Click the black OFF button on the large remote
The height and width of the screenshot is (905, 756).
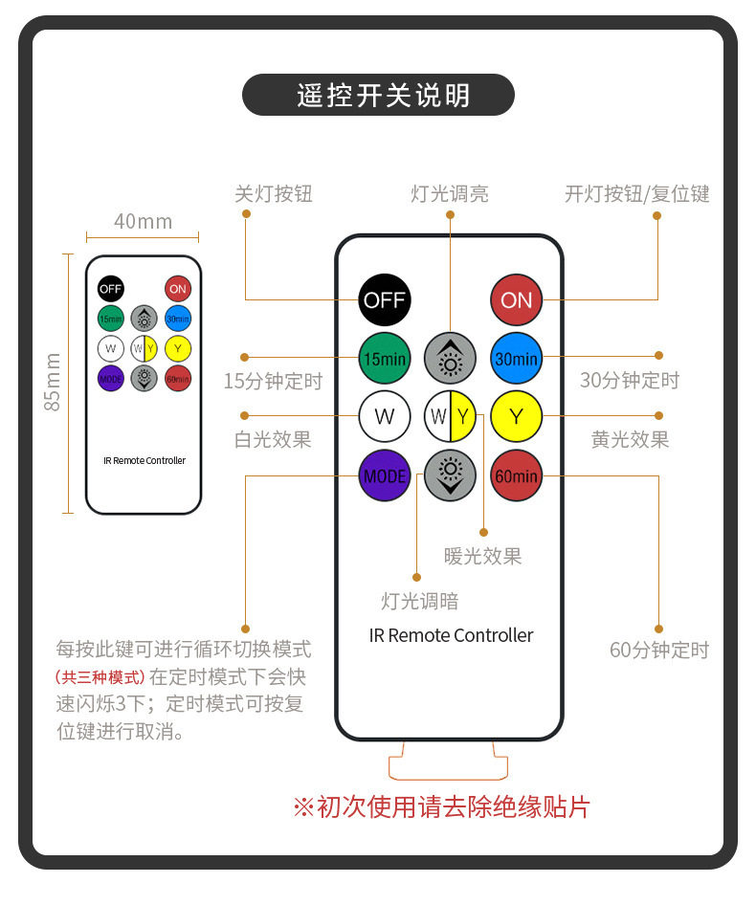[x=384, y=300]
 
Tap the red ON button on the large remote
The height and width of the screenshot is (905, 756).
[x=516, y=300]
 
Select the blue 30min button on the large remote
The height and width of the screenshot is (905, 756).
[x=516, y=359]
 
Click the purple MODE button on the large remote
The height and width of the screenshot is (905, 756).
[x=384, y=475]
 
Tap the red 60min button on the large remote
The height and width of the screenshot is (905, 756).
[x=516, y=475]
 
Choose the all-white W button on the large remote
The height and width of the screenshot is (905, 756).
[x=384, y=416]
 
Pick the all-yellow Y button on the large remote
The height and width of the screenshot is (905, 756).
[x=516, y=416]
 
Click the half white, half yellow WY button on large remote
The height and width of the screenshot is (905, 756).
[x=450, y=416]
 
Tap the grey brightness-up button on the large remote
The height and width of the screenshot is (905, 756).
[x=450, y=359]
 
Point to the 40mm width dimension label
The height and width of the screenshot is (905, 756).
[x=143, y=222]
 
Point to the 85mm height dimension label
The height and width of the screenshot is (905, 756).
[x=53, y=383]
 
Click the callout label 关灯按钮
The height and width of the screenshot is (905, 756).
[x=274, y=194]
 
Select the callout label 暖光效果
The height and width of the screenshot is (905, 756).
[x=482, y=557]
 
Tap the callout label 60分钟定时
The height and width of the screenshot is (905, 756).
[x=659, y=651]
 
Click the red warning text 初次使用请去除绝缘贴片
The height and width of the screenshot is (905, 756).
[x=441, y=807]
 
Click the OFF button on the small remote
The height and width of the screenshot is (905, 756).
[x=110, y=288]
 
